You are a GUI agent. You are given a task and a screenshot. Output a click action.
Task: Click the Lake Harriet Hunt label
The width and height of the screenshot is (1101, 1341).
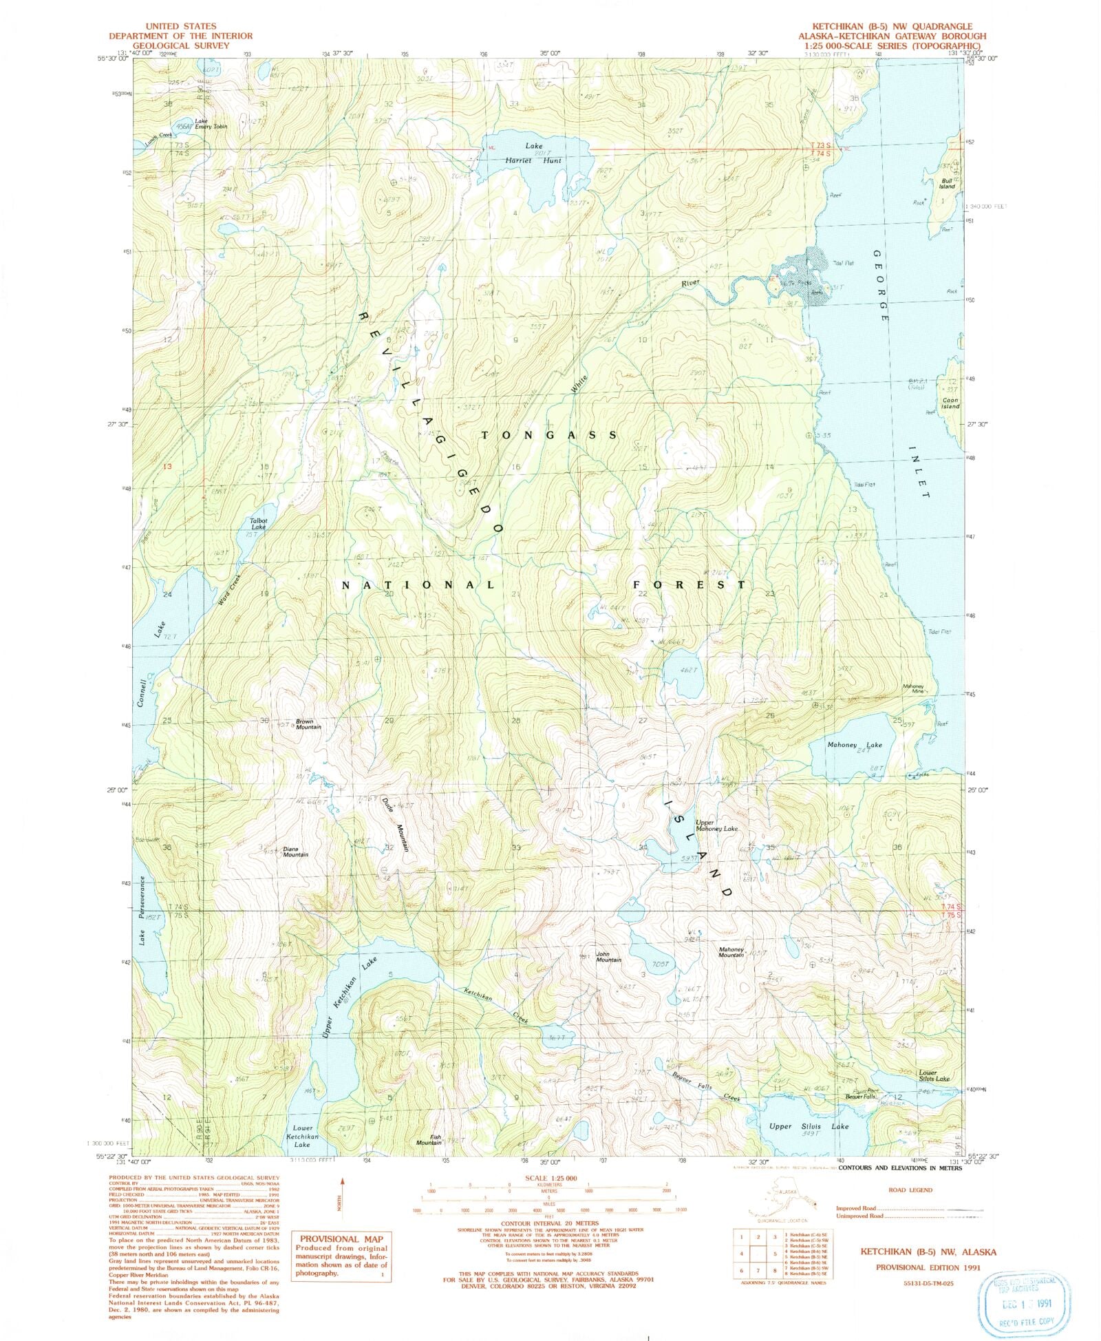543,153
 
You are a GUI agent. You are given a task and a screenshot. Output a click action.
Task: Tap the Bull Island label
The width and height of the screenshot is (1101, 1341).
947,183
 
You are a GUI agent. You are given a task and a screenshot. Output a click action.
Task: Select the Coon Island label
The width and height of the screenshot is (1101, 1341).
950,403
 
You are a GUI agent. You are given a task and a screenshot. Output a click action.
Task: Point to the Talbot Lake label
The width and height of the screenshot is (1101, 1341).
258,523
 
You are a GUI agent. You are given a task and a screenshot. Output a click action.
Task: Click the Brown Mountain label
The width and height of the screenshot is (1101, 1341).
308,724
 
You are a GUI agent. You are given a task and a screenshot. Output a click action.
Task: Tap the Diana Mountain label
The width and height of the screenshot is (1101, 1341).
295,852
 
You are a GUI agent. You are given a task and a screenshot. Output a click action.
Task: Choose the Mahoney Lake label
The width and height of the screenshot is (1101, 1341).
854,745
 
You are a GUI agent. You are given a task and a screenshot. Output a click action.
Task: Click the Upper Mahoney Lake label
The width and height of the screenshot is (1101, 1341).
716,825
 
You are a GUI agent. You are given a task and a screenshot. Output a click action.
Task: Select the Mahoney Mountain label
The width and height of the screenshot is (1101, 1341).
731,953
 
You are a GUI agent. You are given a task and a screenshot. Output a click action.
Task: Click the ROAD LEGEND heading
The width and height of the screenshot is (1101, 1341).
911,1190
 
